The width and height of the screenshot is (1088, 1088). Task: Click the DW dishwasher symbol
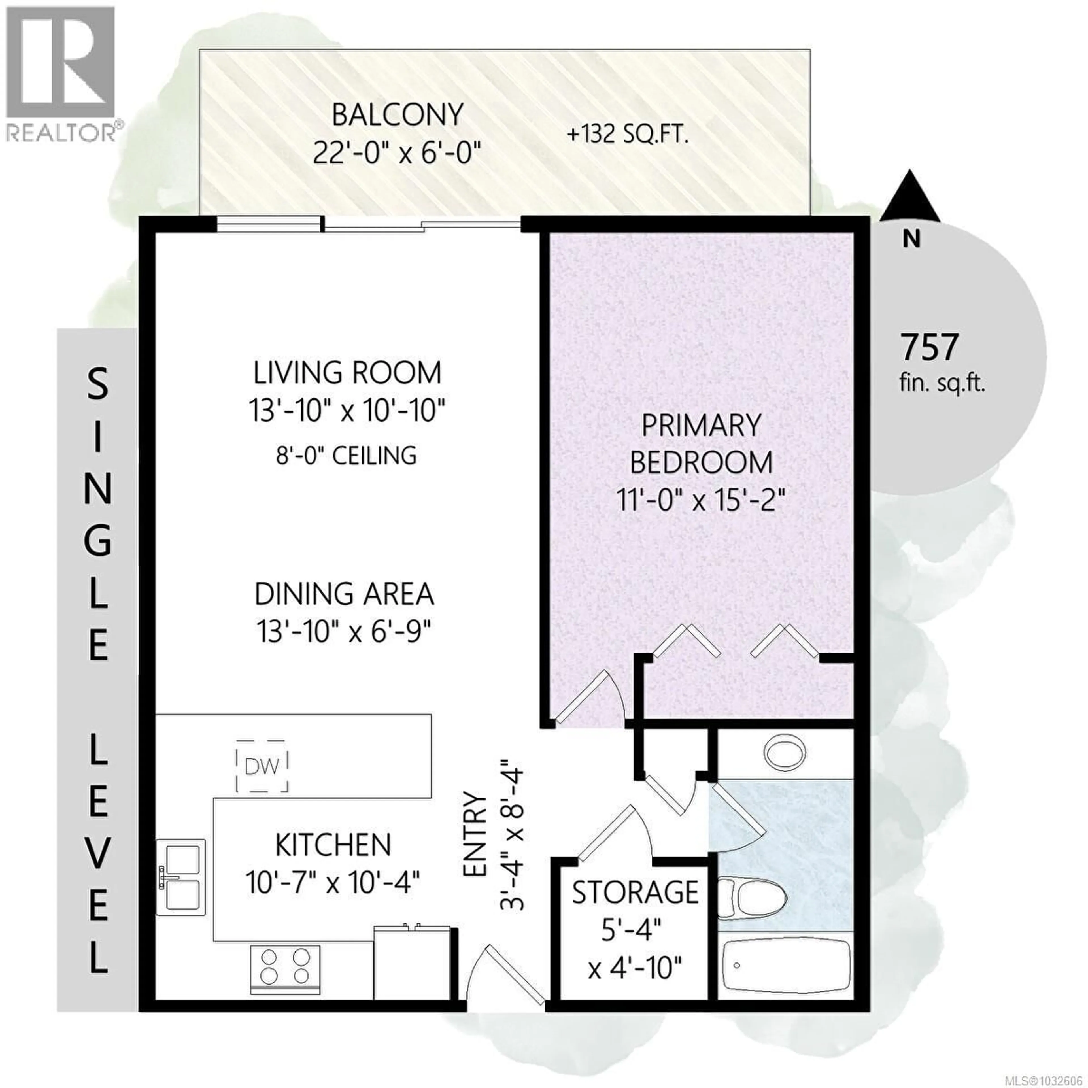pos(262,766)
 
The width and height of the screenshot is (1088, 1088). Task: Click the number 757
pos(930,347)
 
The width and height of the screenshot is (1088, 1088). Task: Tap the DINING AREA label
pos(344,594)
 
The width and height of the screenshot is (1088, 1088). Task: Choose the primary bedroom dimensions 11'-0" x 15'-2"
pos(700,500)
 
